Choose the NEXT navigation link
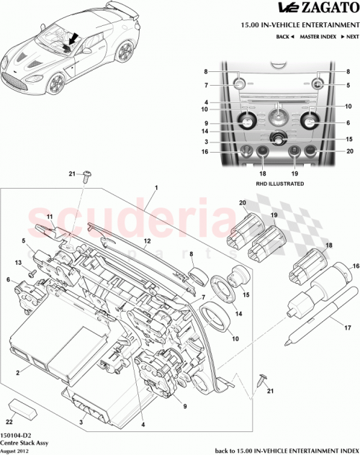coord(348,35)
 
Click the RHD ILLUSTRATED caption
coord(278,184)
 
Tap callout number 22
coord(9,422)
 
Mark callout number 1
coord(155,187)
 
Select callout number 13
coord(19,263)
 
